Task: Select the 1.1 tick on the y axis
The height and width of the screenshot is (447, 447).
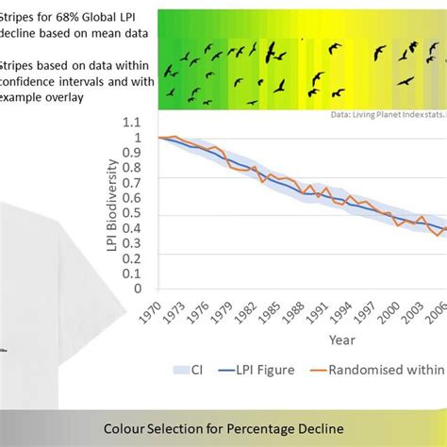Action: click(142, 122)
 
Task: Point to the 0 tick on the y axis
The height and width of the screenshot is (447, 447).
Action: click(146, 290)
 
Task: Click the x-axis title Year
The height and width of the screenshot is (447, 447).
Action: click(342, 339)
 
